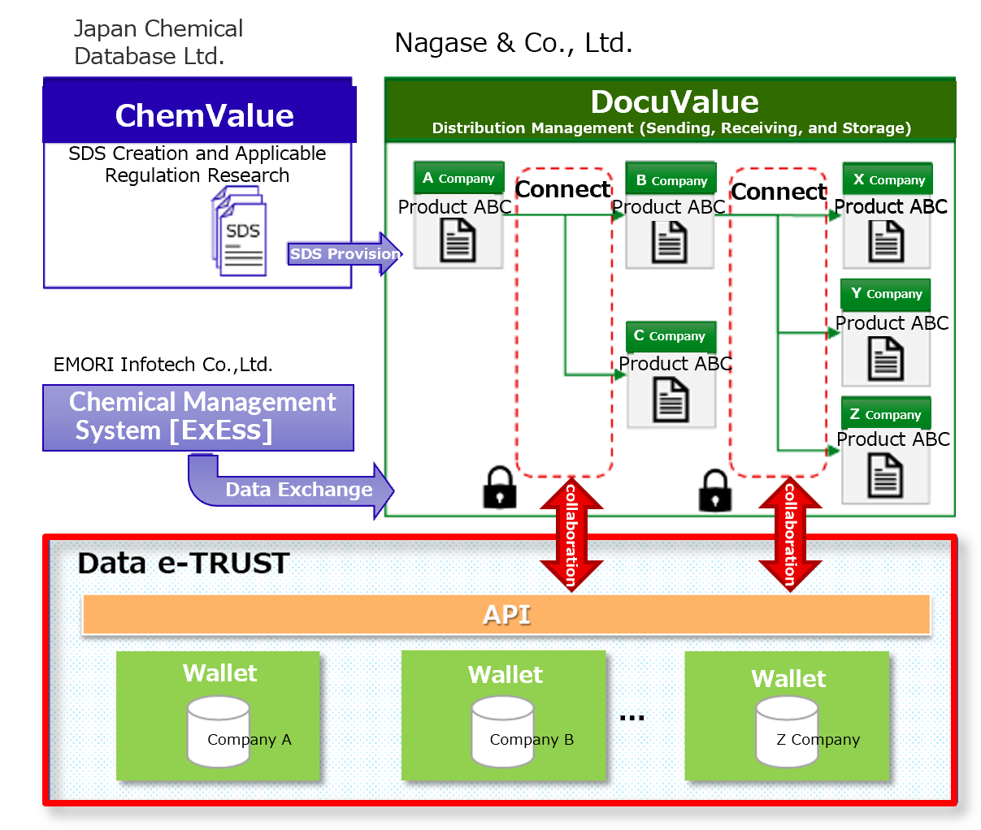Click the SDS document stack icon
tap(239, 231)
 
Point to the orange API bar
tap(506, 615)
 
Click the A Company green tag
tap(459, 178)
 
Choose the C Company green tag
tap(671, 335)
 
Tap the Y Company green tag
tap(886, 293)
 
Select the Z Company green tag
tap(885, 414)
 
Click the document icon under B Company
tap(670, 242)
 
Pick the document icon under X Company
tap(886, 241)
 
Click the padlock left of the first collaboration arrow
tap(500, 487)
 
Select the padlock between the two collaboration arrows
tap(714, 490)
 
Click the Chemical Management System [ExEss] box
tap(198, 417)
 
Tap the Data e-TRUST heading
tap(184, 563)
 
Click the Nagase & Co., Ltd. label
tap(514, 43)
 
